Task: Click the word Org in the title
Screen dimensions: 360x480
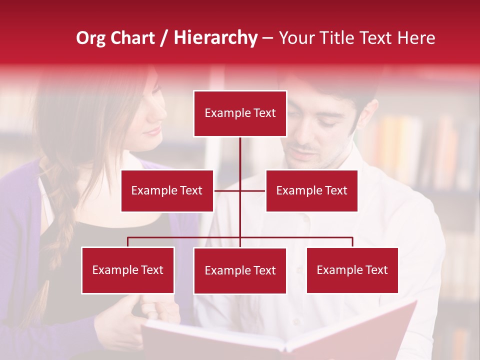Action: [91, 38]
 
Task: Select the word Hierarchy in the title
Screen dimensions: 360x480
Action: [215, 38]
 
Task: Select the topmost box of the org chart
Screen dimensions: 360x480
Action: [240, 113]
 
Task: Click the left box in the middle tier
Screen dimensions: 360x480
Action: [167, 190]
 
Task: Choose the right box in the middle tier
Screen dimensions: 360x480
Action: [311, 190]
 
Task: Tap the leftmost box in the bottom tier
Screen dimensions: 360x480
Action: [128, 270]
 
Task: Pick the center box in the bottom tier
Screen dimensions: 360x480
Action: [240, 270]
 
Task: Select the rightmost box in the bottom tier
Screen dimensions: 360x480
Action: [352, 270]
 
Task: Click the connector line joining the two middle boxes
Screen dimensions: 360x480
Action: [228, 190]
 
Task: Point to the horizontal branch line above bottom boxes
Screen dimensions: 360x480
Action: [185, 238]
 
